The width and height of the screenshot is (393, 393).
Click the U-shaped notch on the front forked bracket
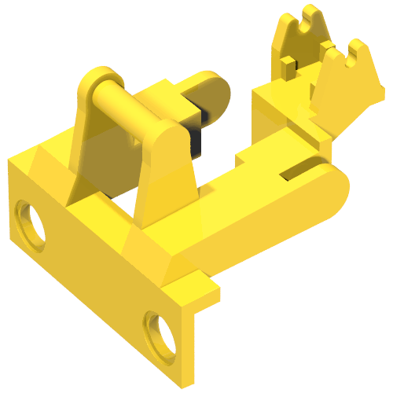point(350,59)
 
